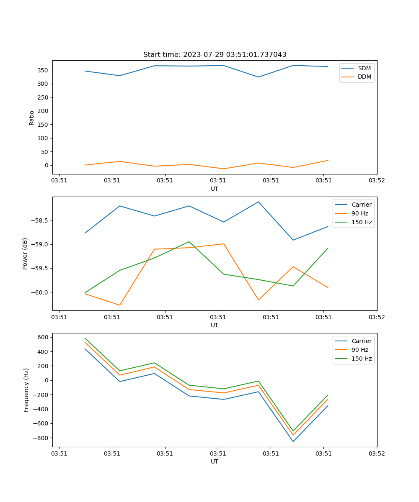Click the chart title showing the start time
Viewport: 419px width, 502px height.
pos(215,55)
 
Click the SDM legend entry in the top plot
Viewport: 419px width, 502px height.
pos(364,68)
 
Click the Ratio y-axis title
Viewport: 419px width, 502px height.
pos(32,118)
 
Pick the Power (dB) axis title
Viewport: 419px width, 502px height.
pos(25,254)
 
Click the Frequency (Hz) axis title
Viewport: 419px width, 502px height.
pos(26,390)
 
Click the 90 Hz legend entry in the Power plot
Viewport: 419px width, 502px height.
pos(360,213)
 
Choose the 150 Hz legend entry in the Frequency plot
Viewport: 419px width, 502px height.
pos(362,359)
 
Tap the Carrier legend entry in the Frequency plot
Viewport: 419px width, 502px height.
pos(361,341)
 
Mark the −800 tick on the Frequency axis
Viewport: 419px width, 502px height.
pos(42,438)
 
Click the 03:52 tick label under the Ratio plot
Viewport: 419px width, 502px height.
pos(376,181)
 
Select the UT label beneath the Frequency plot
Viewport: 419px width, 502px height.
pos(215,461)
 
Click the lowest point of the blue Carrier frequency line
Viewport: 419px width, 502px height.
pos(293,441)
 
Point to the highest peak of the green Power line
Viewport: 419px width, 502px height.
pos(189,241)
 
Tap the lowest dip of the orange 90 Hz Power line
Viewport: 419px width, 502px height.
pos(120,305)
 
